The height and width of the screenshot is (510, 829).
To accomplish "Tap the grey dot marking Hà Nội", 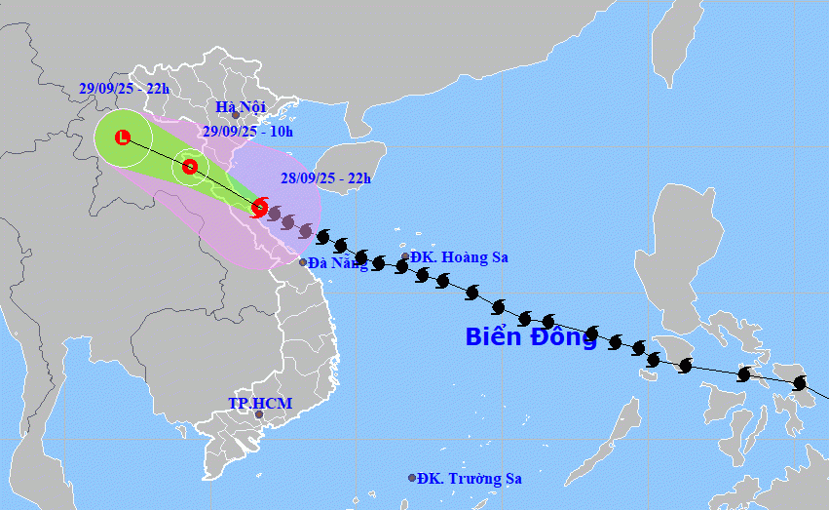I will point(235,115).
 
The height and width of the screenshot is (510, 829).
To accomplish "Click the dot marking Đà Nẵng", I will point(303,262).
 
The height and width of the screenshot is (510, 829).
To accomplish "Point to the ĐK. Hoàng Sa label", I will point(459,257).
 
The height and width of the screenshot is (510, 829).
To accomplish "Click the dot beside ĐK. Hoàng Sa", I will point(405,257).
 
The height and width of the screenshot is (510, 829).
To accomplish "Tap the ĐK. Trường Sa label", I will point(471,479).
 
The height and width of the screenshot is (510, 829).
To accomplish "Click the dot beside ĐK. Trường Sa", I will point(412,478).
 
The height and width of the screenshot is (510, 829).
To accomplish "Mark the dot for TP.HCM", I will point(259,414).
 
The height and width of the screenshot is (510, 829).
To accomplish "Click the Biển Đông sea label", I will point(531,337).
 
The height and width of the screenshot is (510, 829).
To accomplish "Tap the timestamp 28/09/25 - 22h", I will point(325,177).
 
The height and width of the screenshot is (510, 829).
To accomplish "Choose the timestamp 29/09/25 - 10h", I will point(247,132).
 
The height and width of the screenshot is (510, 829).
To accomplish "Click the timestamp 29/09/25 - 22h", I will point(124,88).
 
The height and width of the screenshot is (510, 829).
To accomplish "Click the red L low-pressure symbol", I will point(123,137).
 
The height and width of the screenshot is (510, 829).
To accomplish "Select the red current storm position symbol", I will point(259,207).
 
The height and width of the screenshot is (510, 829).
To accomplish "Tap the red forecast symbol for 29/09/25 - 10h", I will point(190,168).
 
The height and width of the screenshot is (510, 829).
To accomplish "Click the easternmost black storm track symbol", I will point(801,383).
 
